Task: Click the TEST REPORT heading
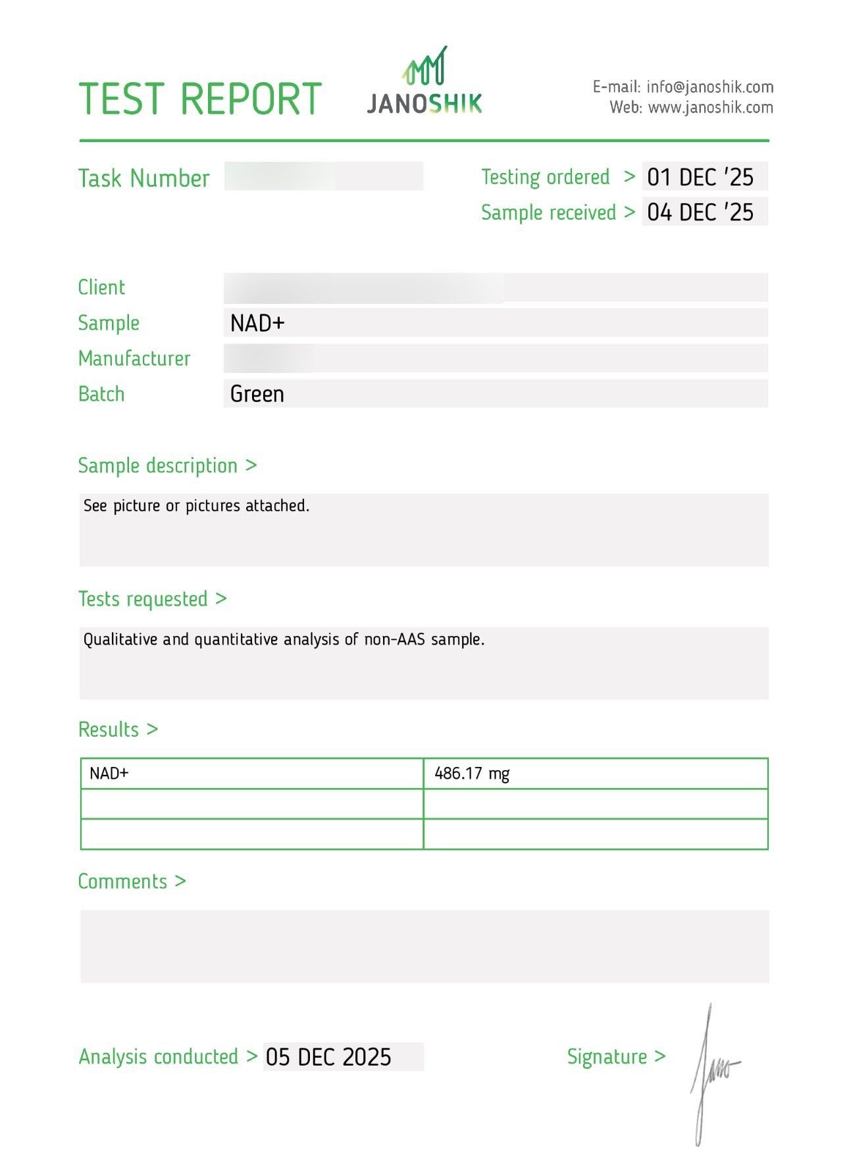(200, 99)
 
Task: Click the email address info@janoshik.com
(709, 87)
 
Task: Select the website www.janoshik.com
(710, 107)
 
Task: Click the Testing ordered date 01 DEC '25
(700, 177)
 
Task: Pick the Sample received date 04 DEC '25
(700, 212)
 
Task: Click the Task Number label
(143, 178)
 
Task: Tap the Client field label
(101, 287)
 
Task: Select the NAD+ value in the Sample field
(257, 323)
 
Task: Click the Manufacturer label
(134, 358)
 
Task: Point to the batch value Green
(257, 394)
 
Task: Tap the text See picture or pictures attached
(196, 506)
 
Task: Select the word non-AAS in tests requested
(394, 639)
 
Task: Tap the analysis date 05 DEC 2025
(328, 1057)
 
